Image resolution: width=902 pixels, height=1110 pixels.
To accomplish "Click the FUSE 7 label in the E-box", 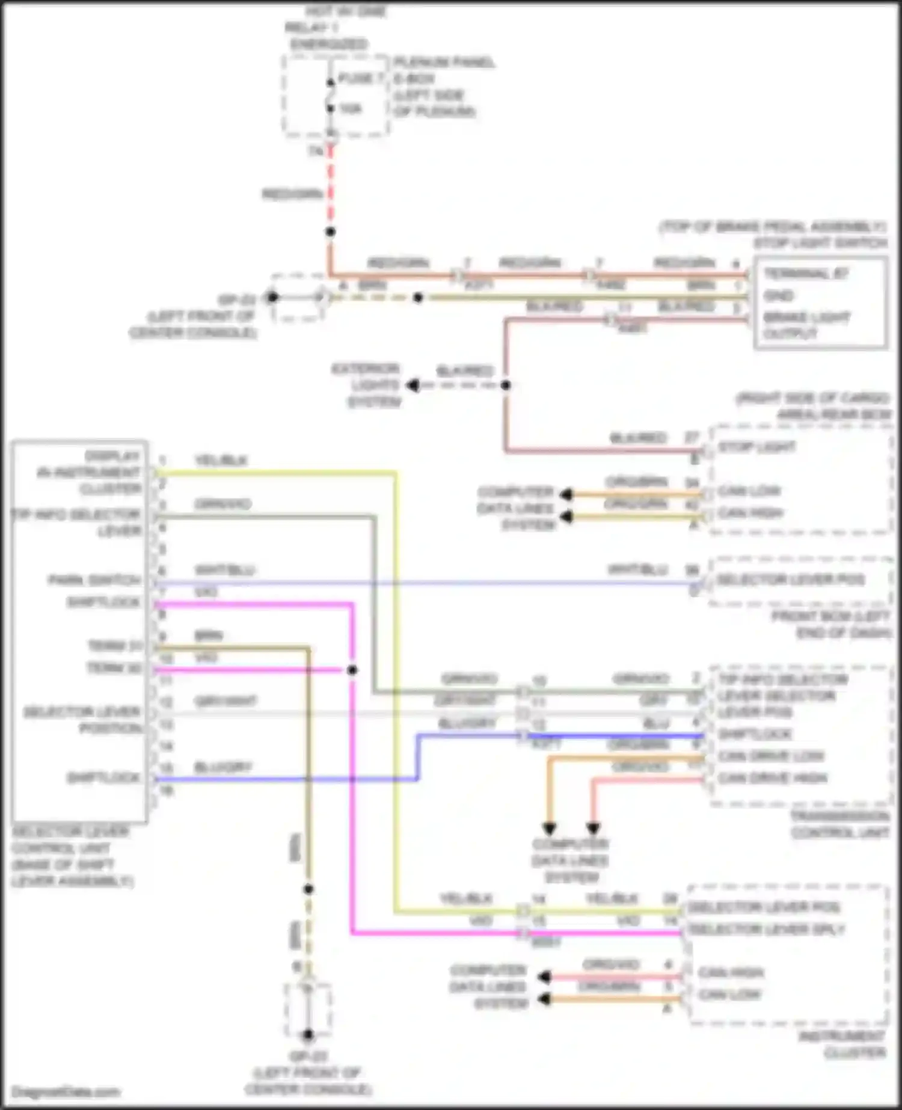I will point(361,79).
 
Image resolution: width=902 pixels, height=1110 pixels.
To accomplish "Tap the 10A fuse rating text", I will point(351,109).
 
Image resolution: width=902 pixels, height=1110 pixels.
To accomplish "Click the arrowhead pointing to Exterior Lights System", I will point(413,385).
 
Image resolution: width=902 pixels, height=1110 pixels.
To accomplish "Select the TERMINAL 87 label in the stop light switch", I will point(806,274).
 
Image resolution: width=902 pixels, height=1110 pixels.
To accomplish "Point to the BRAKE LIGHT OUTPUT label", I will point(806,325).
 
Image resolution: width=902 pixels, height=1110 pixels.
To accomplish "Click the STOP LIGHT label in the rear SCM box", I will point(756,447).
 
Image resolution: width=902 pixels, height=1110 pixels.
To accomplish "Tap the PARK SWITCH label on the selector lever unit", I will point(94,580).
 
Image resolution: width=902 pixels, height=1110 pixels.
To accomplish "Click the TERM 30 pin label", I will point(114,668).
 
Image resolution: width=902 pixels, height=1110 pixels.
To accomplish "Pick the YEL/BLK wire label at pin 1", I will point(221,461).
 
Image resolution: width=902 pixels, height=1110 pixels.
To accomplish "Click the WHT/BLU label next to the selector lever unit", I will point(224,570).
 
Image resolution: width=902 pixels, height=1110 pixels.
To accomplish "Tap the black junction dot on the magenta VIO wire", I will point(352,670).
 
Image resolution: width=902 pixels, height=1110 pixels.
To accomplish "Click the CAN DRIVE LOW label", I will point(771,756).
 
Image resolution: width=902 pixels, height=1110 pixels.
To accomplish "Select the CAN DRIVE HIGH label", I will point(772,778).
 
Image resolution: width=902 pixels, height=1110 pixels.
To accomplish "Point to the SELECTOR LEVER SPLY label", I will point(767,929).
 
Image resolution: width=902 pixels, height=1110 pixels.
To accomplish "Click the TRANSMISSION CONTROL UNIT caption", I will point(839,824).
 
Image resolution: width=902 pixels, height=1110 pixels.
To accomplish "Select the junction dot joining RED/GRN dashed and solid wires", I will point(330,232).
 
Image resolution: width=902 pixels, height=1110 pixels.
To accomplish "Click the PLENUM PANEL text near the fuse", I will point(444,62).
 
